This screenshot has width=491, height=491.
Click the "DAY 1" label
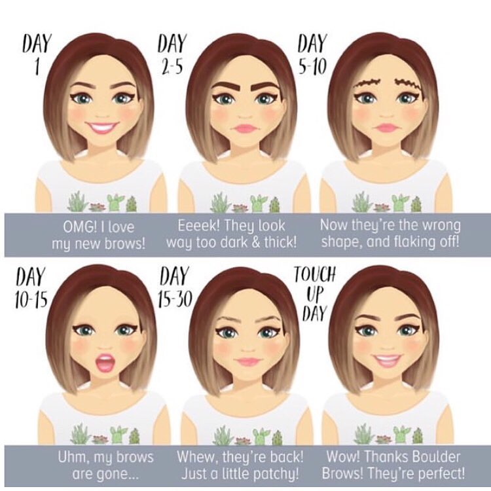click(37, 55)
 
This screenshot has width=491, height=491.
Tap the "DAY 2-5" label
click(172, 55)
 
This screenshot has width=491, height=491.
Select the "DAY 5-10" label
click(312, 55)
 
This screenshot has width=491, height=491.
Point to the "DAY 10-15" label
click(31, 288)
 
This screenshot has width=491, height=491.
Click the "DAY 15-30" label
click(175, 288)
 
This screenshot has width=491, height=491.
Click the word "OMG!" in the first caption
click(79, 227)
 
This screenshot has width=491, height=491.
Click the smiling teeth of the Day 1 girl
click(103, 127)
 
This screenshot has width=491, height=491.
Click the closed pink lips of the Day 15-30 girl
click(247, 361)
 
